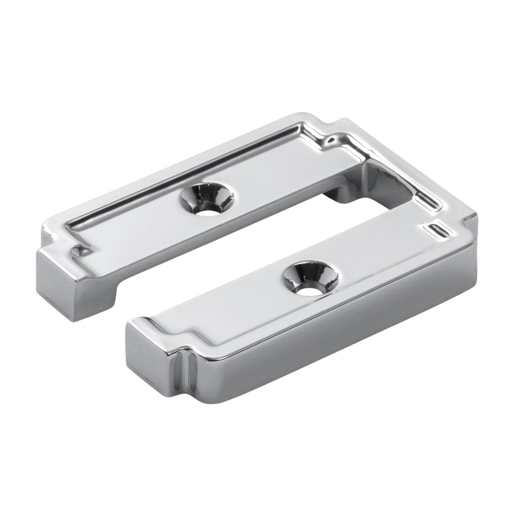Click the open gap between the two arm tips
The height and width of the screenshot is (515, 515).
click(121, 312)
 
